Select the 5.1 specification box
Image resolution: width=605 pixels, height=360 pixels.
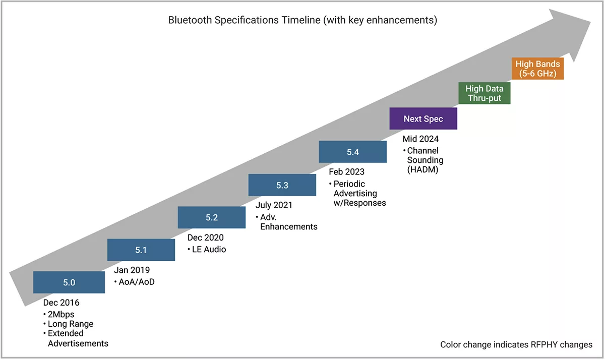point(141,250)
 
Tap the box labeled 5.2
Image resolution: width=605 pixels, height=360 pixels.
point(212,217)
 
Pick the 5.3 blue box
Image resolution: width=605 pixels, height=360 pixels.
point(282,185)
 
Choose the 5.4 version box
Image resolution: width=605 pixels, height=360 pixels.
point(353,152)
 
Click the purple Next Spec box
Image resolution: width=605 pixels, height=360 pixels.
point(423,119)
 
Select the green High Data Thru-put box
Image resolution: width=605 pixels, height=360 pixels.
point(484,93)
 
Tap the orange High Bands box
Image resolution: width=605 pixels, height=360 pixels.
point(538,69)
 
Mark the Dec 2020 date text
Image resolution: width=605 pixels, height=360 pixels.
point(205,237)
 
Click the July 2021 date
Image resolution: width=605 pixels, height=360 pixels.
point(274,205)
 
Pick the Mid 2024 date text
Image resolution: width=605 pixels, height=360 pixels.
point(420,139)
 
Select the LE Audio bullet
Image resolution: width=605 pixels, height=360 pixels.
point(209,249)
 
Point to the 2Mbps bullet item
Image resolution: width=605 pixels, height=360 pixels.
point(61,314)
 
